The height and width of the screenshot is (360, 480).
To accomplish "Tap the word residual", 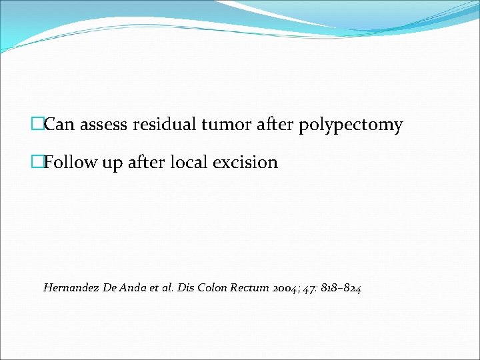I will [x=167, y=125].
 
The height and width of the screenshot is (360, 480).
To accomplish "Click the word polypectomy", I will [x=351, y=125].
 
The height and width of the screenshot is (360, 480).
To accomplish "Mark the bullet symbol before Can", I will [x=37, y=125].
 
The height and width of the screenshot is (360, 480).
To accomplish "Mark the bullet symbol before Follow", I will [x=37, y=162].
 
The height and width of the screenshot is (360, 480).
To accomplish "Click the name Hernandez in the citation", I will [x=70, y=288].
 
